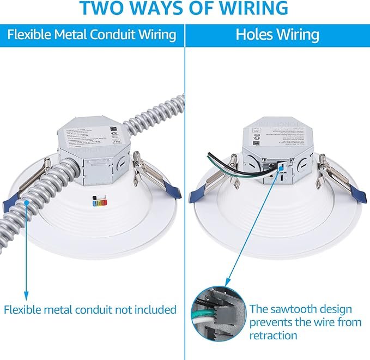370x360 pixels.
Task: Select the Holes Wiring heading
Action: pos(277,35)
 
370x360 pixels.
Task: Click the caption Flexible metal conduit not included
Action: pos(90,310)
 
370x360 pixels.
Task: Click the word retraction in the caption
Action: pos(274,335)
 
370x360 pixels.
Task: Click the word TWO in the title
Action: pos(102,9)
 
